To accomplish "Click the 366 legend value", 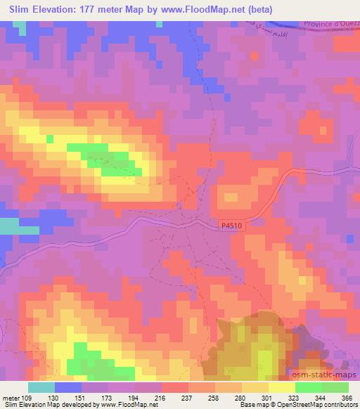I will click(347, 397).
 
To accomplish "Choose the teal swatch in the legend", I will click(41, 387).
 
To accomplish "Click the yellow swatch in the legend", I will click(281, 387).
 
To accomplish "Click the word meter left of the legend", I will click(11, 397).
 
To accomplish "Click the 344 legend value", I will click(321, 397).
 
